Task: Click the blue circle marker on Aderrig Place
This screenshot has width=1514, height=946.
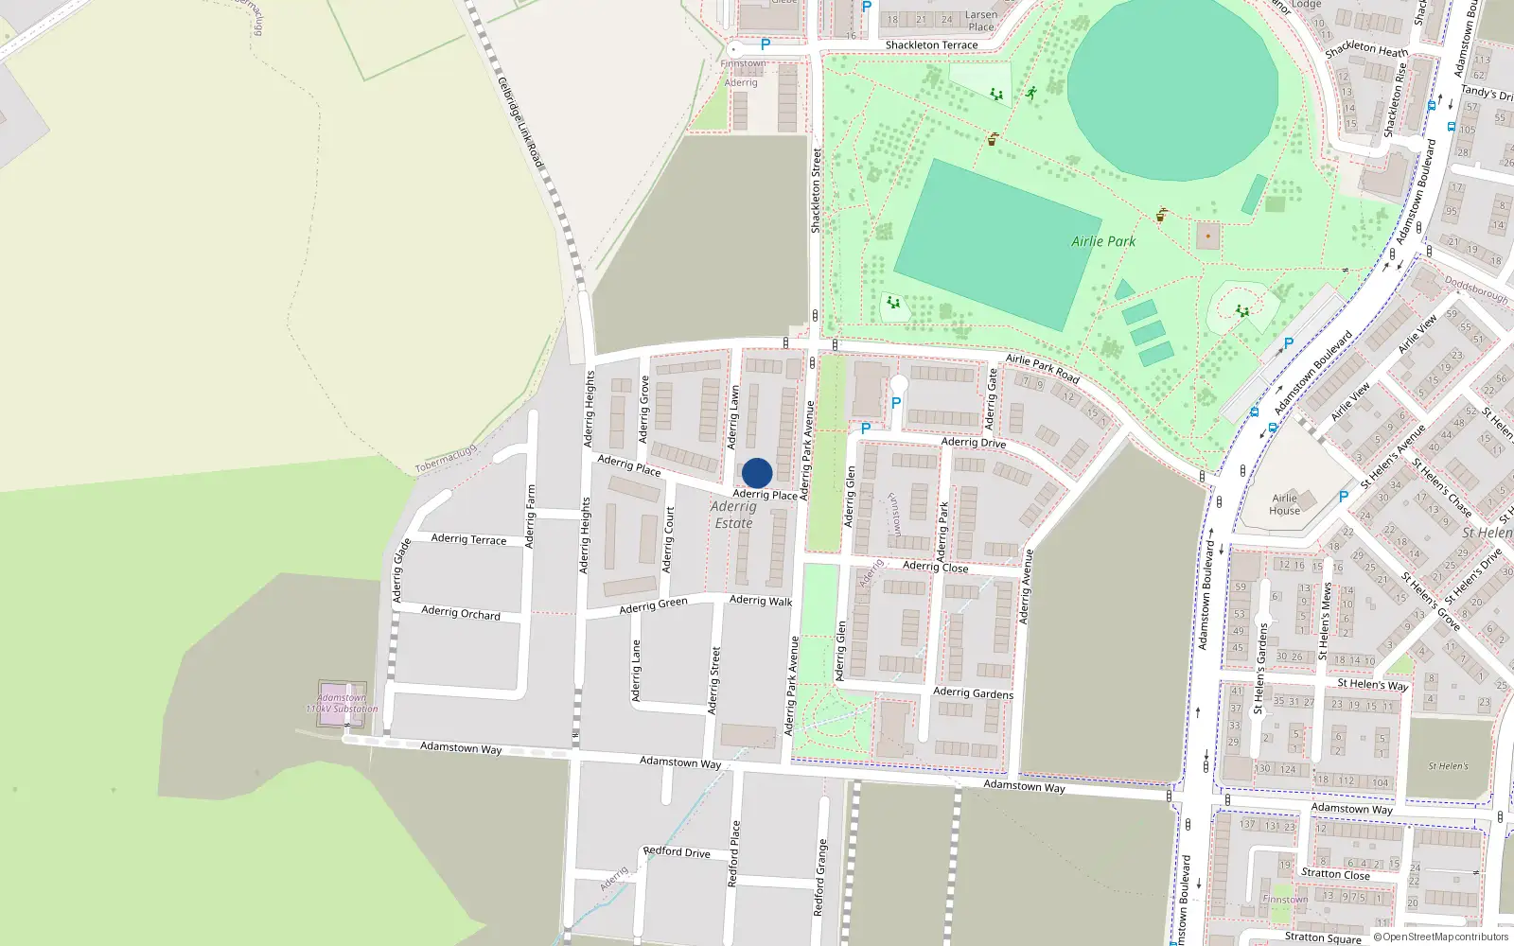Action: tap(757, 473)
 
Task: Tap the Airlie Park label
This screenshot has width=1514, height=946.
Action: tap(1103, 241)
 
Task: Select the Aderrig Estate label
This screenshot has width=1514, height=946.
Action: tap(733, 515)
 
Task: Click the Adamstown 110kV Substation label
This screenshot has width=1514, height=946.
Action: tap(342, 703)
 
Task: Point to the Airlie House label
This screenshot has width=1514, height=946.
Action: tap(1284, 504)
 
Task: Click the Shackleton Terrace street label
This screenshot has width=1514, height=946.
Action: tap(931, 44)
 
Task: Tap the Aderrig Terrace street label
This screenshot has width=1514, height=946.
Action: tap(468, 538)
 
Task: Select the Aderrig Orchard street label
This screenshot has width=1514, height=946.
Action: tap(461, 613)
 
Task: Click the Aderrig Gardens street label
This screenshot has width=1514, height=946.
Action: tap(973, 692)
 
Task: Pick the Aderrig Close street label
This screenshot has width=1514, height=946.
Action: tap(935, 566)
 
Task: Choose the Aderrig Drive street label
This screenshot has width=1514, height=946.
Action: tap(973, 442)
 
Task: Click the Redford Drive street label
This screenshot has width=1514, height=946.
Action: tap(677, 851)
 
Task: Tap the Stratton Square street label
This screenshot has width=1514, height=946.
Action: tap(1323, 937)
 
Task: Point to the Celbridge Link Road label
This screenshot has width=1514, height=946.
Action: tap(520, 123)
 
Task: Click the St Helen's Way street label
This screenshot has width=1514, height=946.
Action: tap(1372, 684)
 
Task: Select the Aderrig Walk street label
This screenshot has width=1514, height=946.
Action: tap(761, 600)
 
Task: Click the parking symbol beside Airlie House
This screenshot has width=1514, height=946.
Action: tap(1343, 496)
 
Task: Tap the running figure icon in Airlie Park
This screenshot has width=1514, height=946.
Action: tap(1030, 93)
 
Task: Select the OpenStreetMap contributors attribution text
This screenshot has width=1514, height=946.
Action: tap(1441, 937)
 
